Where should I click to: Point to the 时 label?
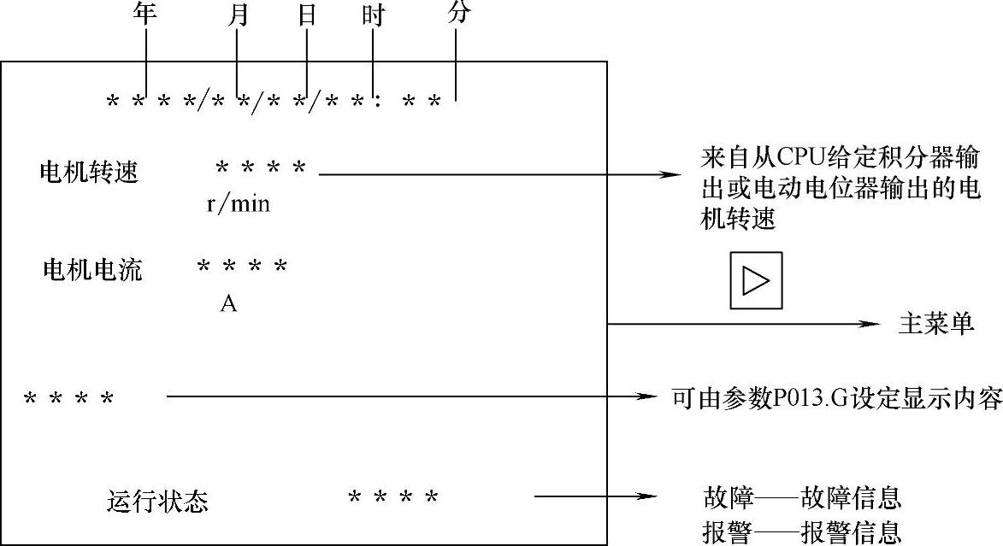[373, 16]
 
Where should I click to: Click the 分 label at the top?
[458, 13]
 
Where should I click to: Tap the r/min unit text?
[239, 205]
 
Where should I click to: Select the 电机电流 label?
[92, 271]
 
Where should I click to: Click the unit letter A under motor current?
[228, 303]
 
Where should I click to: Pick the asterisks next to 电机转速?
[261, 167]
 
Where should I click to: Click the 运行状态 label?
[158, 501]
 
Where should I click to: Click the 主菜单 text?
[936, 325]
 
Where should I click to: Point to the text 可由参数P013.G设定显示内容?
[836, 398]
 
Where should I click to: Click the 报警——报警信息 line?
[802, 532]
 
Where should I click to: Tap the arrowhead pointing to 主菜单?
[871, 325]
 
